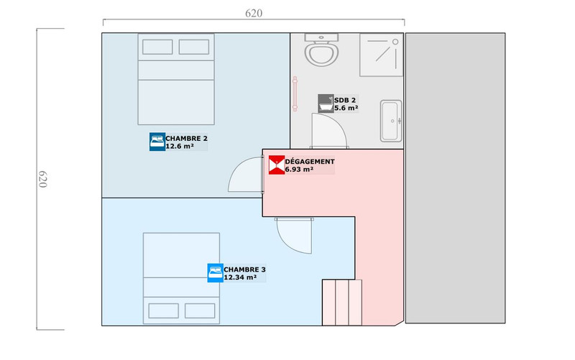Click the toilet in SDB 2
point(321,50)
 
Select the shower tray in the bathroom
point(381,55)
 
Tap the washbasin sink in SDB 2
point(391,121)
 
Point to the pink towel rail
point(295,94)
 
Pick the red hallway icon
point(277,165)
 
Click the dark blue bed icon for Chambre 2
point(157,142)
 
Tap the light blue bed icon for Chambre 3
point(215,273)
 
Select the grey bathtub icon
point(326,103)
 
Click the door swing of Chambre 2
point(245,175)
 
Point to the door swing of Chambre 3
point(294,236)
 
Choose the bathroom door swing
point(329,131)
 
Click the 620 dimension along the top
point(254,13)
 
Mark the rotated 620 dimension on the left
point(43,179)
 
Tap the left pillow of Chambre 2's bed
point(157,47)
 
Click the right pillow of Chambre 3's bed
point(200,311)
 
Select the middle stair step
point(342,303)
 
